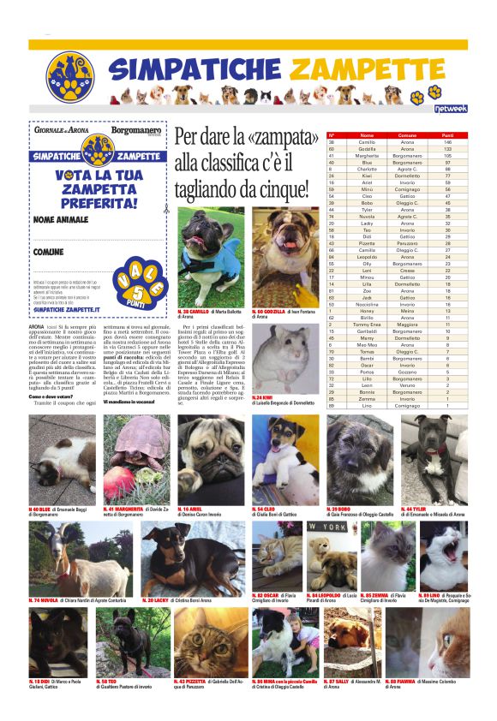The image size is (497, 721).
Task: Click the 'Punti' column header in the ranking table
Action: coord(447,135)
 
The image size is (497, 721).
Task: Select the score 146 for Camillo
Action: coord(447,141)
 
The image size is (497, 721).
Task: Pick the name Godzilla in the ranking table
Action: coord(367,148)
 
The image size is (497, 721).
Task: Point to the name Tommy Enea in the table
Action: coord(367,324)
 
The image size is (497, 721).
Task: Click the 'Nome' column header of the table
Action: coord(367,135)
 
